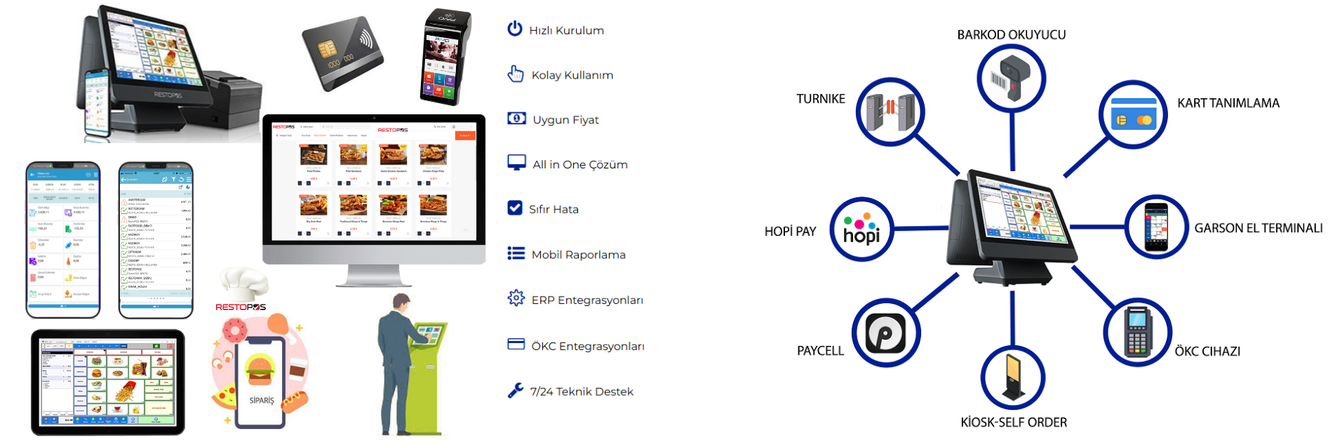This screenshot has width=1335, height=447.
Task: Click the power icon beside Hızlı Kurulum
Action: [515, 29]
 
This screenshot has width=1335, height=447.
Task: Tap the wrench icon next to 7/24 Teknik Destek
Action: [516, 390]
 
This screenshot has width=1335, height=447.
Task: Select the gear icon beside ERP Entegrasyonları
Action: [516, 298]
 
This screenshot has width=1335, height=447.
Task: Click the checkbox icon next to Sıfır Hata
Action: [515, 208]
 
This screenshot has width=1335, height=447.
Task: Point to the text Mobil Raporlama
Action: [578, 255]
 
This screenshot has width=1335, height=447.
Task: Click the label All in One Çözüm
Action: [579, 164]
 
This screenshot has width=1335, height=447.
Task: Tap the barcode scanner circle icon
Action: [1012, 78]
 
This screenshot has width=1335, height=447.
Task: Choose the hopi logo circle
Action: [862, 229]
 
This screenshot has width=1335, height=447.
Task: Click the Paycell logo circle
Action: [886, 333]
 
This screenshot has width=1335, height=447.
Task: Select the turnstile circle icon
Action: [890, 112]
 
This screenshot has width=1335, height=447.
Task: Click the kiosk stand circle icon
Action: [1012, 377]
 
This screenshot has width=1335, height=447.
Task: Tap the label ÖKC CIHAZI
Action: [1207, 352]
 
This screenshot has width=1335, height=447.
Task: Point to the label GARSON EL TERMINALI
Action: [1258, 228]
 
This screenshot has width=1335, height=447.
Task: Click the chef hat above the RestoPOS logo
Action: [243, 283]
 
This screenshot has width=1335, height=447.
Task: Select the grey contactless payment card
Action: [342, 53]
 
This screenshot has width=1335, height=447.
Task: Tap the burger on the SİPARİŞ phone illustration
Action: [260, 370]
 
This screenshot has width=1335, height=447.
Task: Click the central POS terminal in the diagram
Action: [1012, 225]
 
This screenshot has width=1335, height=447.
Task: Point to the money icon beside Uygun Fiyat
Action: [516, 119]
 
